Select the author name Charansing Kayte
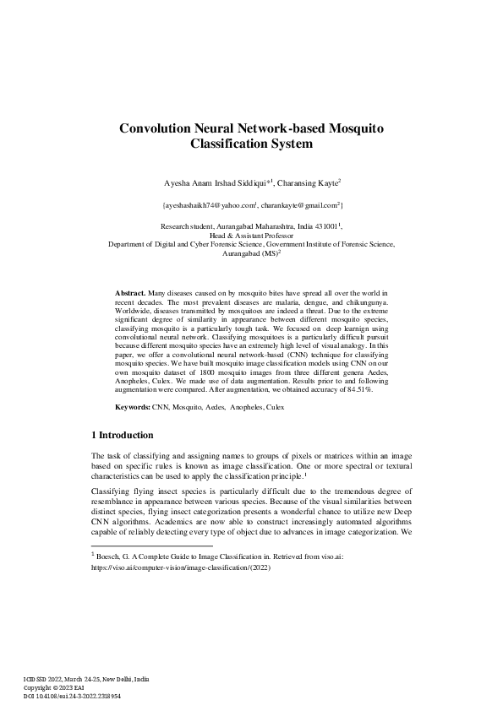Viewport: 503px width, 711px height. [308, 181]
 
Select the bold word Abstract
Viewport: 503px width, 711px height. [130, 291]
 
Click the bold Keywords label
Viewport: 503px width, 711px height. [133, 407]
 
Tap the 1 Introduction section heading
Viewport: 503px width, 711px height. [122, 436]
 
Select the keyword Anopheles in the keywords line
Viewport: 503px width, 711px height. [229, 407]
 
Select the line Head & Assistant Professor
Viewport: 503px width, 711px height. [250, 236]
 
